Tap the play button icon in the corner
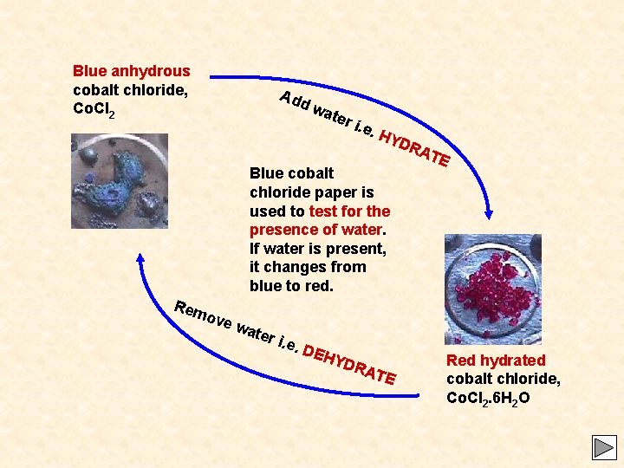click(x=603, y=447)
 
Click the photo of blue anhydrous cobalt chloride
click(x=120, y=181)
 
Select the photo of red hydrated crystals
click(x=492, y=289)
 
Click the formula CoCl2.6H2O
click(x=488, y=398)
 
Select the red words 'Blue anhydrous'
click(x=131, y=71)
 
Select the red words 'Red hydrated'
click(x=496, y=360)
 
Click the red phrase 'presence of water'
click(x=315, y=230)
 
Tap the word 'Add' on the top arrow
click(x=295, y=101)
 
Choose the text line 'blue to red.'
click(x=291, y=286)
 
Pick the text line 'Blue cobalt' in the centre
click(x=291, y=173)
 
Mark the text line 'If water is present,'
click(x=318, y=249)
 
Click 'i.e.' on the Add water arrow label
click(x=365, y=129)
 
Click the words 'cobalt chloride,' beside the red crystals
click(x=503, y=379)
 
